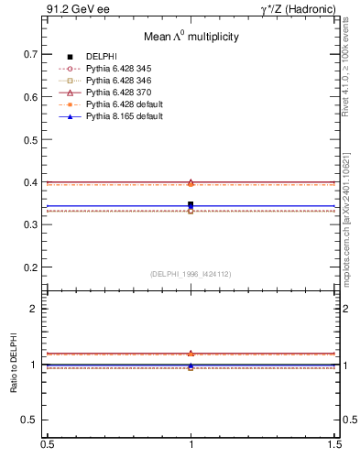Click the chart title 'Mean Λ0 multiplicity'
[191, 37]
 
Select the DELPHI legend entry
[100, 57]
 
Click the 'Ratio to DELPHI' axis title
[15, 364]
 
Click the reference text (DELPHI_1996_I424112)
[191, 274]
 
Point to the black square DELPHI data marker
[191, 204]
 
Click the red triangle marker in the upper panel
[191, 182]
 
